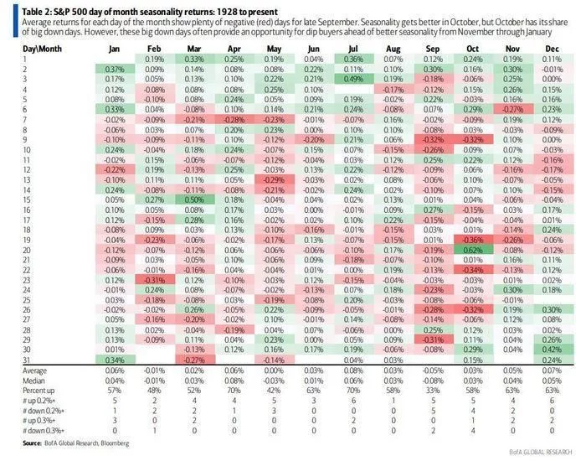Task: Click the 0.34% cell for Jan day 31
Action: point(114,359)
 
